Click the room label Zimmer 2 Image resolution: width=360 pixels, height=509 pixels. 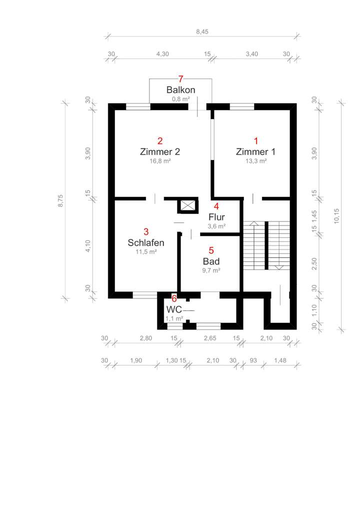[x=159, y=151]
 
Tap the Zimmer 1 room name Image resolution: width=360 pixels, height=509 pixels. [x=255, y=151]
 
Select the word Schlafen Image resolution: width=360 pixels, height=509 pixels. [x=146, y=242]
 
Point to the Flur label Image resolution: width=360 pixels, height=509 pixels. [x=216, y=217]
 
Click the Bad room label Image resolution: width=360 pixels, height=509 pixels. [x=211, y=261]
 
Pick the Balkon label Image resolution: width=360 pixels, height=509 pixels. [x=180, y=89]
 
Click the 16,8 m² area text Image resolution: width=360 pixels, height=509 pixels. [x=160, y=161]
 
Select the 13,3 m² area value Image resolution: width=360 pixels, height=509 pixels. [x=256, y=161]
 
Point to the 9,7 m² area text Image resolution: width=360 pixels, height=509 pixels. [x=211, y=270]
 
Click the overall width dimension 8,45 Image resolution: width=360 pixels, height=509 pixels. [x=202, y=32]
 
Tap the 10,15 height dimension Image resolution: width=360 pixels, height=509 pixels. [x=336, y=215]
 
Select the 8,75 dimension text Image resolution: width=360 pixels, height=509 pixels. [x=60, y=200]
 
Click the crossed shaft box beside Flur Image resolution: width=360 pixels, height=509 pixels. [x=187, y=205]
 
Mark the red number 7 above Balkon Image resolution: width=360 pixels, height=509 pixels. [x=181, y=79]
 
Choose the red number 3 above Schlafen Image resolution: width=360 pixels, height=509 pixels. [x=146, y=232]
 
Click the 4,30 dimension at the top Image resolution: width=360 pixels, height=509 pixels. [x=162, y=54]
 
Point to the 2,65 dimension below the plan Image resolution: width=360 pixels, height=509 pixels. [x=210, y=338]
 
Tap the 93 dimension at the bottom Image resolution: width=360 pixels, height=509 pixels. [x=253, y=360]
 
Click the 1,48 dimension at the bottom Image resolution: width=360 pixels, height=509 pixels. [x=280, y=360]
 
